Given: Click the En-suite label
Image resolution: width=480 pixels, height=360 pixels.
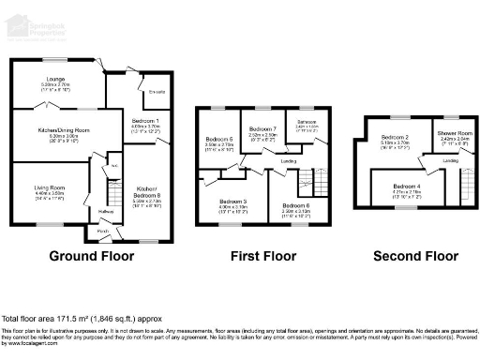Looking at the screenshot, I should [157, 92].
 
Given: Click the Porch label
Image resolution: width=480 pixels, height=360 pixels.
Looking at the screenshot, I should [103, 231].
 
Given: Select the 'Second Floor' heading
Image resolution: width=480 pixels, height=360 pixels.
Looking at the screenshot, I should [408, 256].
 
